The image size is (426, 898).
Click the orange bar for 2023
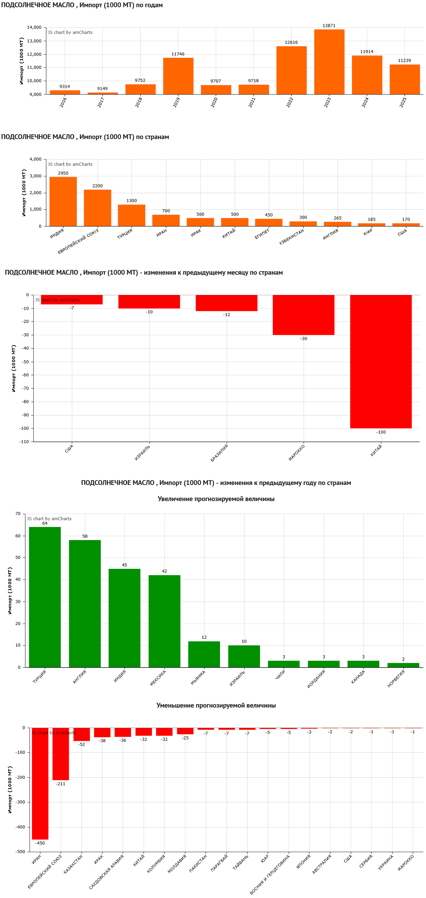[x=329, y=62]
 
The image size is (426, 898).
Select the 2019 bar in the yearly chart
[x=178, y=76]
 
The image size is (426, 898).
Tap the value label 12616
[x=291, y=42]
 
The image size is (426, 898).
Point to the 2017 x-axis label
[x=101, y=102]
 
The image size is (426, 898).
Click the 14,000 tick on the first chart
[x=34, y=27]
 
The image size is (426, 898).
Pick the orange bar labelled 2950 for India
[x=63, y=201]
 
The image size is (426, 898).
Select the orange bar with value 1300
[x=131, y=215]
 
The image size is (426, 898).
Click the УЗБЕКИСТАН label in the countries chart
[x=292, y=237]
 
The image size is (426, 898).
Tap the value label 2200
[x=97, y=186]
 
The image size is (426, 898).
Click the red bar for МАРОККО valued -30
[x=303, y=315]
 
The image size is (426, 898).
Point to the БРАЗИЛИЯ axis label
[x=219, y=453]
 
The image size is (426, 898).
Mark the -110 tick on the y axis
[x=24, y=442]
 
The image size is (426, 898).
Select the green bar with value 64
[x=45, y=597]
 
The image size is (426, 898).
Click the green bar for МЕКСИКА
[x=164, y=621]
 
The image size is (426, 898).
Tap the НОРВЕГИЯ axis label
[x=396, y=678]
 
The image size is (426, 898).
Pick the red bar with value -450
[x=40, y=783]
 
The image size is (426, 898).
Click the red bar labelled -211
[x=61, y=754]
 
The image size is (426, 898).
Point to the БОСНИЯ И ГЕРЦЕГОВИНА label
[x=270, y=874]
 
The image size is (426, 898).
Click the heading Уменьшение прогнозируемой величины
[x=216, y=706]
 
